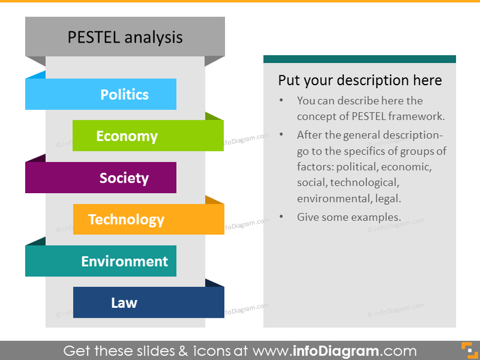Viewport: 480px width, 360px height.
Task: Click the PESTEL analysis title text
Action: click(124, 37)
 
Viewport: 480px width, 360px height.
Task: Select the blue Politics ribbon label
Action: click(124, 94)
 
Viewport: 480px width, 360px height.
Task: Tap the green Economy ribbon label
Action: click(127, 136)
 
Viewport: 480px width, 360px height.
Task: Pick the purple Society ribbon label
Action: click(124, 178)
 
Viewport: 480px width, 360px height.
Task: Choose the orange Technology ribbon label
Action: click(126, 220)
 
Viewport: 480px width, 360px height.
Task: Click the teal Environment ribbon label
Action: click(124, 261)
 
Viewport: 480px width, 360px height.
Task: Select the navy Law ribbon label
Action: click(124, 303)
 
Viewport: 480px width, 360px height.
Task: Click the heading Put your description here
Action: click(360, 80)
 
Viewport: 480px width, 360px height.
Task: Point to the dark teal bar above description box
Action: click(359, 59)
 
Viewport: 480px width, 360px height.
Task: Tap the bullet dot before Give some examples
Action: click(281, 217)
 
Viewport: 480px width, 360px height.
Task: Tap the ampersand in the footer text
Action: click(183, 351)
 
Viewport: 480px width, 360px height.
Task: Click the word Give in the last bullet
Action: click(309, 217)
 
